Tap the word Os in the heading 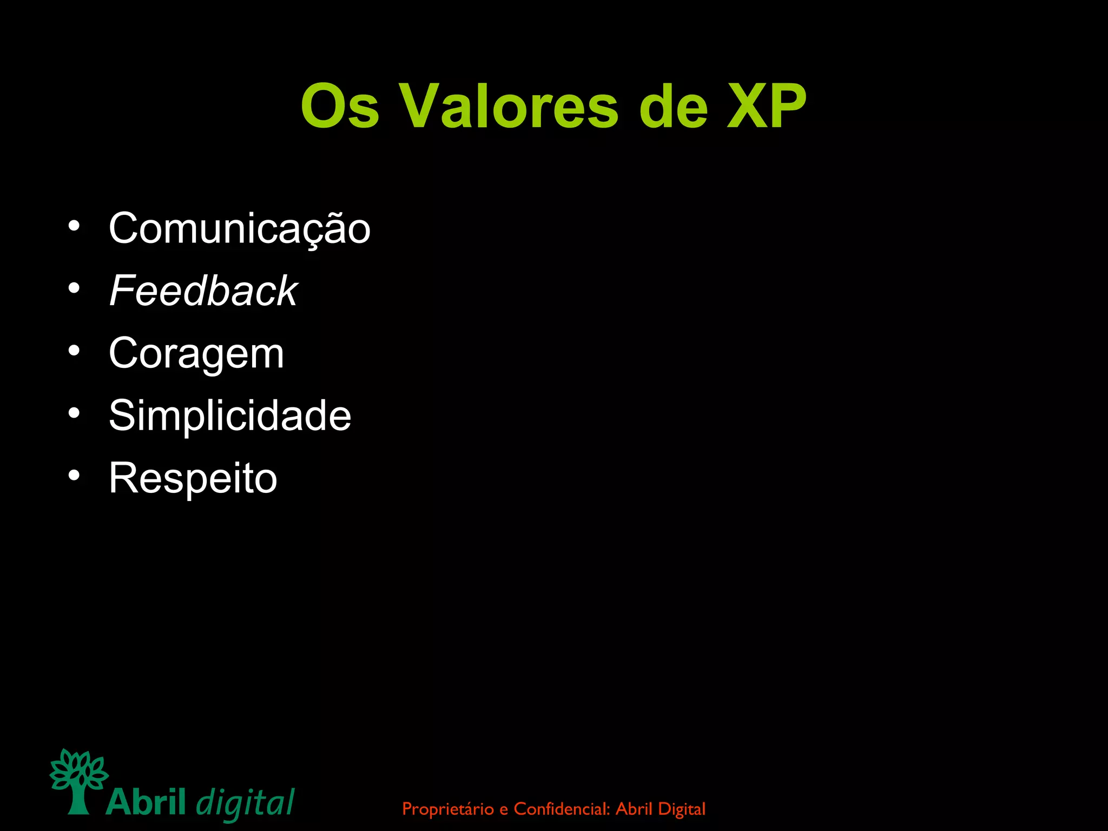click(340, 107)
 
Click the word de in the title click(673, 107)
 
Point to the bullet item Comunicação click(239, 229)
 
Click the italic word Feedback click(203, 291)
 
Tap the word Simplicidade click(230, 415)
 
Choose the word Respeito click(193, 479)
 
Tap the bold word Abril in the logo click(146, 802)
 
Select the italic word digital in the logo click(245, 804)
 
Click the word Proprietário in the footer click(448, 809)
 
